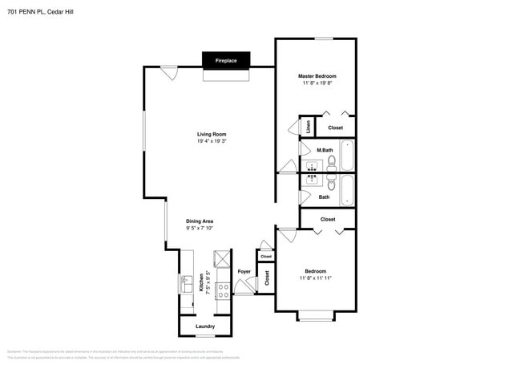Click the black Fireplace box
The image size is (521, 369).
pos(225,60)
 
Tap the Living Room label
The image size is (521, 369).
pos(212,134)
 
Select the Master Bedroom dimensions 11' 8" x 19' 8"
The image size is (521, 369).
pos(318,83)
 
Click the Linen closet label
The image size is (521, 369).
pos(308,127)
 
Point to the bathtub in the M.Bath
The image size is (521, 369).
pos(346,156)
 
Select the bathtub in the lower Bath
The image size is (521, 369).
pos(346,191)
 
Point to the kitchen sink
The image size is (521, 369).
pos(185,284)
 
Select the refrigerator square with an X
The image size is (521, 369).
pos(220,259)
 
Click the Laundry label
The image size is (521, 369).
pos(204,326)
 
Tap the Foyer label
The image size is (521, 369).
pos(244,271)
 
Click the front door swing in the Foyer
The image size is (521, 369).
pos(242,290)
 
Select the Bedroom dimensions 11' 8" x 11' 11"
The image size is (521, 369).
pos(315,278)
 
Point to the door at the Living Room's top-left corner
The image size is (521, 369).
pos(168,72)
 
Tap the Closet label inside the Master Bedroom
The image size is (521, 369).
pos(335,128)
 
